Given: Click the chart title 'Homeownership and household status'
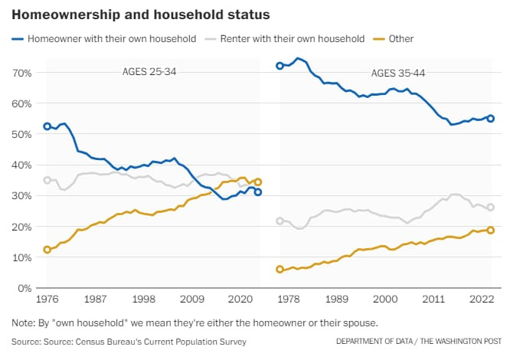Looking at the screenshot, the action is [x=140, y=15].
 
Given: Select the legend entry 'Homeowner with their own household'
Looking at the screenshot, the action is [x=104, y=39].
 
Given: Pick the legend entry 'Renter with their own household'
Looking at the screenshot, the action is [x=285, y=39].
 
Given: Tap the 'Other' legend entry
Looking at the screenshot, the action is [x=394, y=39].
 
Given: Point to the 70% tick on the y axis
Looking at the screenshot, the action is [x=22, y=73].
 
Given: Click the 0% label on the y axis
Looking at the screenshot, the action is [x=25, y=288].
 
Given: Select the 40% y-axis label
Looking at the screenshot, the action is [x=22, y=165].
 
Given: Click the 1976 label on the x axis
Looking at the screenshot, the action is [x=47, y=299].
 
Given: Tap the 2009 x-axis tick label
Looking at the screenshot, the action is [x=192, y=299].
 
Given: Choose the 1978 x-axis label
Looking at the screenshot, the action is [x=289, y=299].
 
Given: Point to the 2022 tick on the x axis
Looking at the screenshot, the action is [x=482, y=299].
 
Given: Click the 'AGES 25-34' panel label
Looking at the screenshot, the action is [x=149, y=71].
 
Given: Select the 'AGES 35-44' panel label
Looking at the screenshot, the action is [x=398, y=74].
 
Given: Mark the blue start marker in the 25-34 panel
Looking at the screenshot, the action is [x=47, y=126].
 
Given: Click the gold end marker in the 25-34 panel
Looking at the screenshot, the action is [x=258, y=182].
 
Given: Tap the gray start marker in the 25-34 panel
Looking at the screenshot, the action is [x=47, y=180].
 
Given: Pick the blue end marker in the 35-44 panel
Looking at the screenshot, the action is [x=491, y=119].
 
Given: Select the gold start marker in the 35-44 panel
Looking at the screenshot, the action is [x=280, y=270].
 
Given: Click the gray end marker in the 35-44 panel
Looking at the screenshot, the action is [x=491, y=207].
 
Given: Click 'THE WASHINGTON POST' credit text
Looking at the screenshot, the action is [x=460, y=341].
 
